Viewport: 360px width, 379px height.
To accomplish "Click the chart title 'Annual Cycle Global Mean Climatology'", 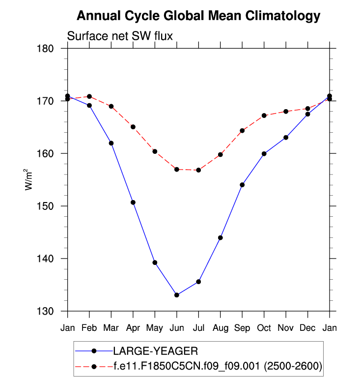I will [x=198, y=16].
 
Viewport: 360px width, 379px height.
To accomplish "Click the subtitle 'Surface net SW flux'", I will [x=119, y=36].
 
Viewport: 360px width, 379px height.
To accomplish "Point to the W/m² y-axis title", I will [x=29, y=179].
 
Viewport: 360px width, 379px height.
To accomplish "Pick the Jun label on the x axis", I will [x=176, y=327].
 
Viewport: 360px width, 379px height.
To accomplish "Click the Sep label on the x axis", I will [x=242, y=327].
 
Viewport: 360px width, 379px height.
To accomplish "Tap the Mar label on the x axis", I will [x=111, y=327].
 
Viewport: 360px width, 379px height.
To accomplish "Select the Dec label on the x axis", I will [x=307, y=327].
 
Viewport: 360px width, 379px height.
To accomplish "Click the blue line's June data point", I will [x=176, y=295].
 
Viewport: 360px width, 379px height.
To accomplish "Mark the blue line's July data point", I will [x=198, y=282].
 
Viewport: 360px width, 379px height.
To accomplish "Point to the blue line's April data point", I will [x=133, y=203].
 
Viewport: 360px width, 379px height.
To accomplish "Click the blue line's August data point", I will [x=220, y=238].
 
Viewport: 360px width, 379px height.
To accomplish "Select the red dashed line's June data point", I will [x=176, y=170].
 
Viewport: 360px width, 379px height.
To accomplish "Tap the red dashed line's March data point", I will [x=111, y=106].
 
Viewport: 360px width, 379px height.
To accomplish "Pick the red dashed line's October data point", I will [x=264, y=116].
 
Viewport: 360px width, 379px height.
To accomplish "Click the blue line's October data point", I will [x=264, y=154].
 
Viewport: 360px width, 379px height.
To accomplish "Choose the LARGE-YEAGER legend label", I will [x=155, y=351].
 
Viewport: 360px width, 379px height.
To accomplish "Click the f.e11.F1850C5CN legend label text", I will [x=217, y=366].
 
